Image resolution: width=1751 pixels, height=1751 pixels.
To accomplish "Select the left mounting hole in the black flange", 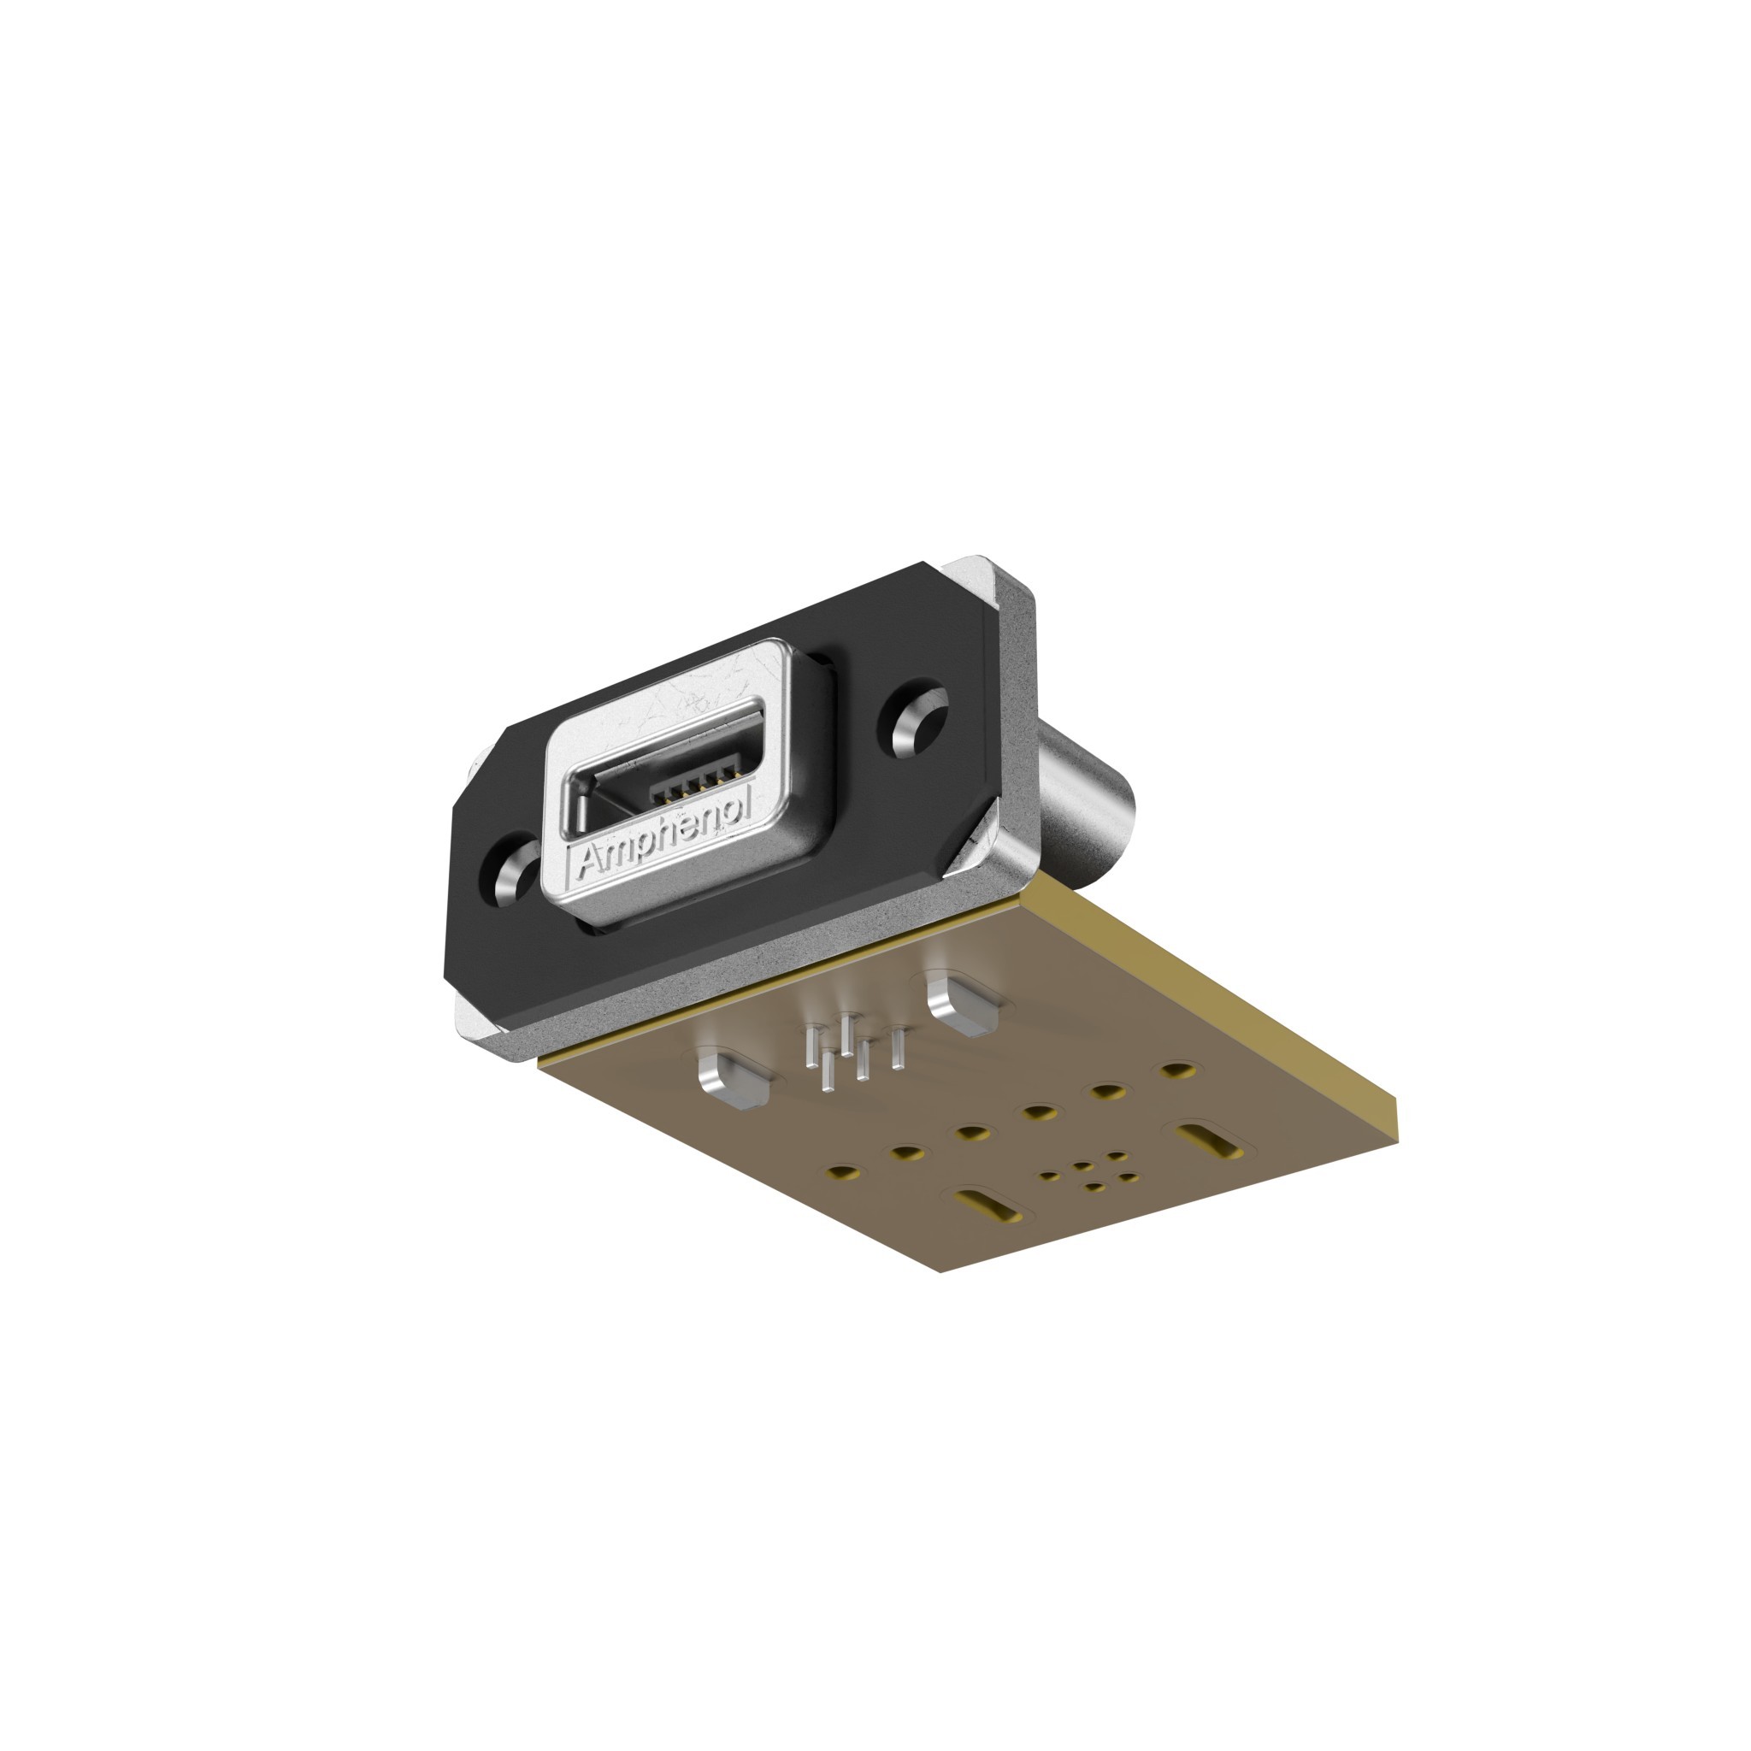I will [511, 869].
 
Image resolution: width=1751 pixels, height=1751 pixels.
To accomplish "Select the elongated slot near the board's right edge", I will [1209, 1141].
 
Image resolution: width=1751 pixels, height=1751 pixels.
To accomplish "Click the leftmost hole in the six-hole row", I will [844, 1173].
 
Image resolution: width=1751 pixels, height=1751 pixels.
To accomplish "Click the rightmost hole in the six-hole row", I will [1177, 1070].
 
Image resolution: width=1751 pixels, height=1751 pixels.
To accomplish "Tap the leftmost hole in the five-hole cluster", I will [1050, 1176].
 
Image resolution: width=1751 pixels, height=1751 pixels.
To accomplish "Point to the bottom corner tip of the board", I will [940, 1271].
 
